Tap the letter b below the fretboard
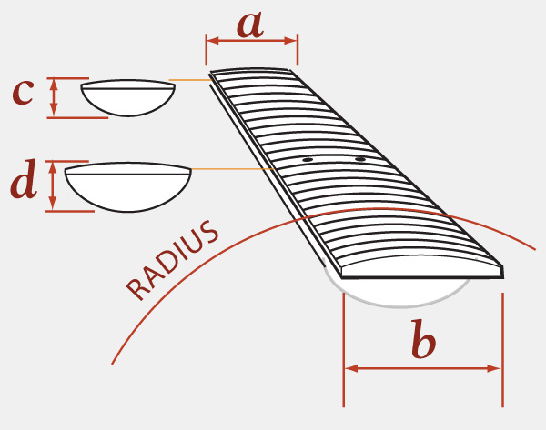tap(423, 340)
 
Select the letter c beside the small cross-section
tap(24, 93)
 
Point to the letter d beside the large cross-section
tap(24, 179)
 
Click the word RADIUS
tap(172, 260)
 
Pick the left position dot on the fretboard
tap(308, 160)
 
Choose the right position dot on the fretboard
tap(360, 159)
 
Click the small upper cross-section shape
tap(127, 98)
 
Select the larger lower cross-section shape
tap(127, 187)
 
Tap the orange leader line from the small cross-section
tap(190, 80)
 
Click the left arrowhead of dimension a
tap(213, 41)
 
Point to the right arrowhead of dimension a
tap(291, 41)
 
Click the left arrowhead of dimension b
tap(351, 368)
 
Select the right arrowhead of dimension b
tap(494, 368)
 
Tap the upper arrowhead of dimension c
tap(54, 85)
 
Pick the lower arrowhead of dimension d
tap(52, 204)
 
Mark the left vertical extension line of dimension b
tap(344, 350)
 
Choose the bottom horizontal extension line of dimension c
tap(77, 118)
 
